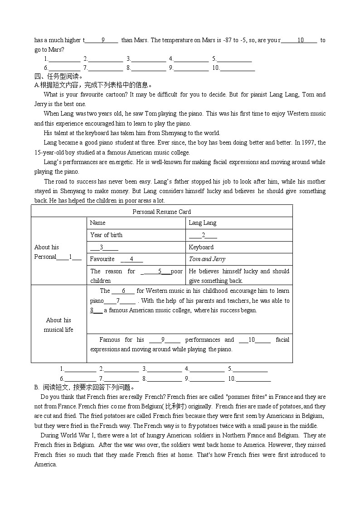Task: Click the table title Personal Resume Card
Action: tap(161, 212)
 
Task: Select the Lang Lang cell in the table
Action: tap(202, 223)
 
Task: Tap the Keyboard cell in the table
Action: tap(201, 247)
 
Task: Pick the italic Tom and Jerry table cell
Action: tap(207, 259)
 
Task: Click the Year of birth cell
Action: tap(106, 235)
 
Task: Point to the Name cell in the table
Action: tap(97, 223)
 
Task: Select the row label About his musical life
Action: tap(58, 325)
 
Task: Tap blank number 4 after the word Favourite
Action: tap(131, 259)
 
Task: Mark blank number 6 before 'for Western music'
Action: tap(123, 291)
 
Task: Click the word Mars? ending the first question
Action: tap(56, 50)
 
